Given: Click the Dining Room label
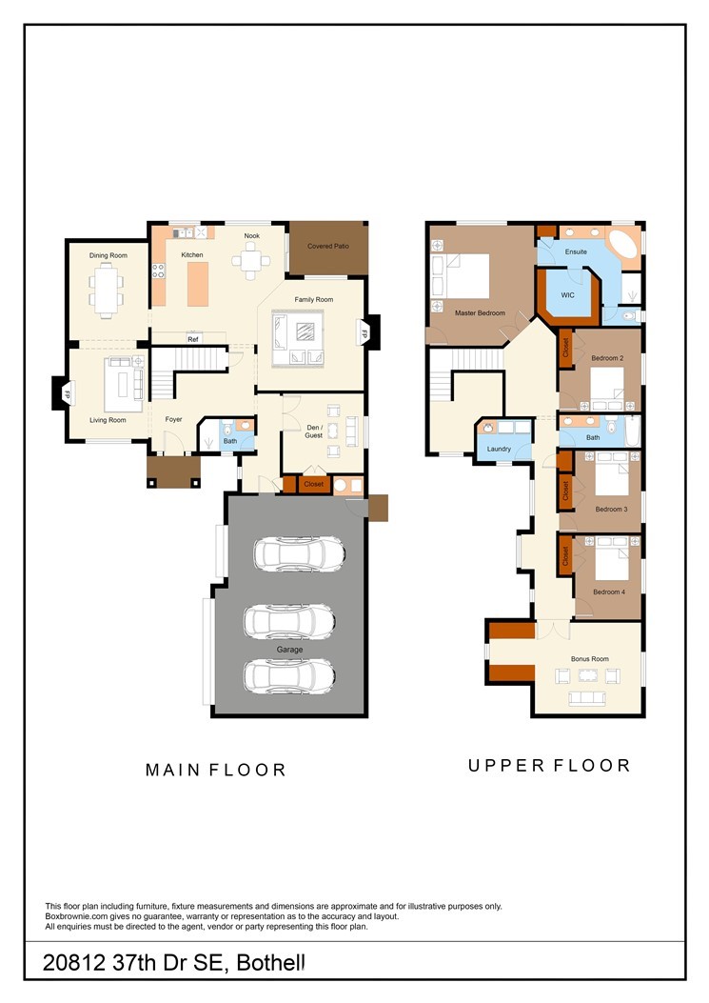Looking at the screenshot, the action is click(x=108, y=255).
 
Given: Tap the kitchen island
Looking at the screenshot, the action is click(x=198, y=284).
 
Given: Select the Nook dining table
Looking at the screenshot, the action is click(x=251, y=260).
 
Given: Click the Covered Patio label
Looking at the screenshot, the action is click(x=328, y=246).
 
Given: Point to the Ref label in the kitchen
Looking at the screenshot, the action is click(x=193, y=339).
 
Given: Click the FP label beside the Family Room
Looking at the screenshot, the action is click(x=364, y=333).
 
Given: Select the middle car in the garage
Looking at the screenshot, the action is click(x=289, y=620).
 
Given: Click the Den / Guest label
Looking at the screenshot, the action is click(x=314, y=431).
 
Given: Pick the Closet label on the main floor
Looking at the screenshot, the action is click(x=313, y=484).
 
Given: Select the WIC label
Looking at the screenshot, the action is click(x=568, y=295).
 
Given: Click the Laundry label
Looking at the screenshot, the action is click(x=499, y=449).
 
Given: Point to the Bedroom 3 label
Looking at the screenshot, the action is click(x=611, y=510).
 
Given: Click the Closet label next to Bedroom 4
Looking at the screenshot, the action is click(x=566, y=554).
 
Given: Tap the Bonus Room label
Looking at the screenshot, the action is click(x=589, y=659).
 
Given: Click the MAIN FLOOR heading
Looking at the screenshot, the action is click(x=215, y=771).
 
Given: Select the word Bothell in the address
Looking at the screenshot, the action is click(x=270, y=963).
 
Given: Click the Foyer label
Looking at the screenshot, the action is click(x=174, y=420).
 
